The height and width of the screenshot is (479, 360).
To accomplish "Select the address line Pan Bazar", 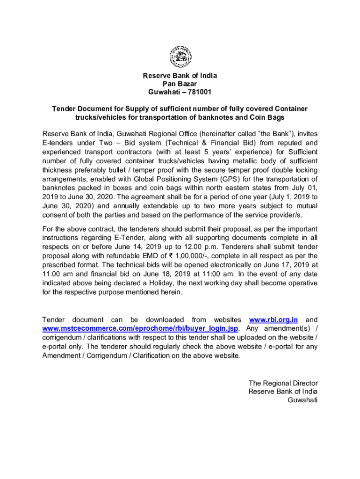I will point(180,84).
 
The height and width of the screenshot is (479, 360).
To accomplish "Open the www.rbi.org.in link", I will point(274,319).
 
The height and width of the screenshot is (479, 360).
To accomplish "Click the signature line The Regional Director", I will point(283,383).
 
